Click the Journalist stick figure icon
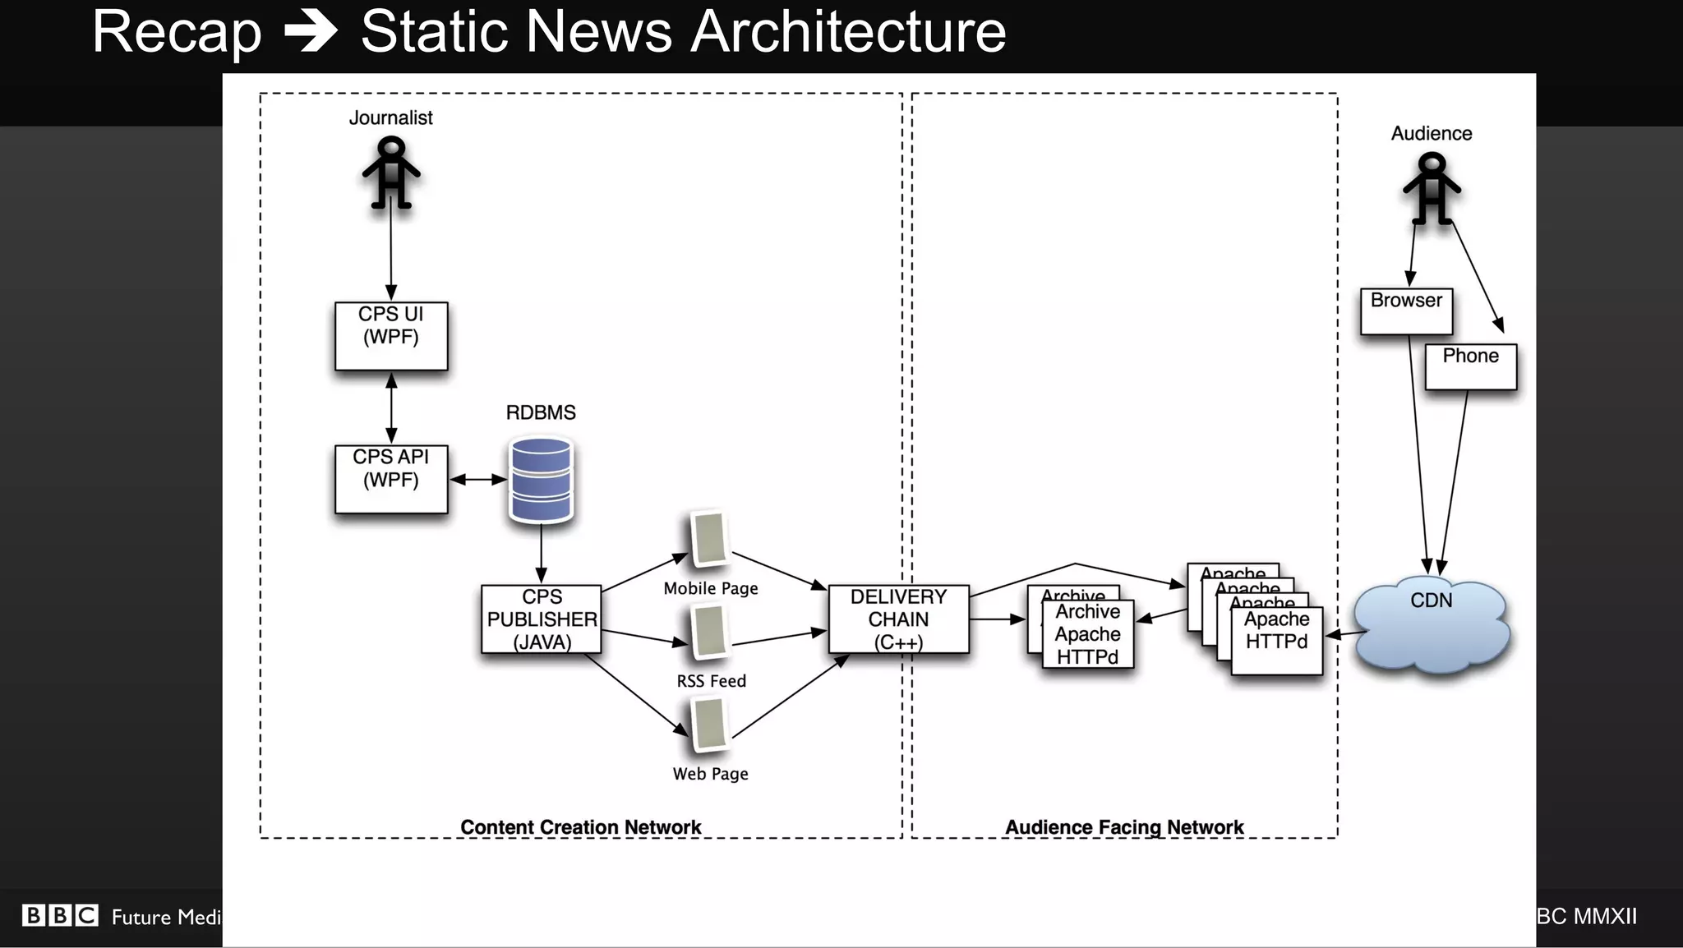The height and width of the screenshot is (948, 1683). point(391,173)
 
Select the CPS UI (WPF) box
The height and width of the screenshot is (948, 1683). point(391,335)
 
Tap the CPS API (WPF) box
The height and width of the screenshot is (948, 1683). point(391,479)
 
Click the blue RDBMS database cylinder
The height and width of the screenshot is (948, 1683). point(541,480)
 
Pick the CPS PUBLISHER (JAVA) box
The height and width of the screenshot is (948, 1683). point(542,619)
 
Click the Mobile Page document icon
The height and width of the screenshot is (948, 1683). point(709,539)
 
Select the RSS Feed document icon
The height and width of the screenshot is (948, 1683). point(709,632)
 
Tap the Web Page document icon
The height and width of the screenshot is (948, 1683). point(709,725)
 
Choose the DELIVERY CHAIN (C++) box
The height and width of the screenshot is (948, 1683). point(898,619)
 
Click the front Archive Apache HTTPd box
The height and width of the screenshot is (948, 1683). point(1088,634)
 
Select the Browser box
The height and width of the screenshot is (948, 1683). point(1406,311)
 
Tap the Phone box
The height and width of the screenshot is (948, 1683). point(1470,366)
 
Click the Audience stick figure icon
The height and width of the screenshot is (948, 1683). point(1432,188)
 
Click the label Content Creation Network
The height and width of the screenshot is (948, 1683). point(580,826)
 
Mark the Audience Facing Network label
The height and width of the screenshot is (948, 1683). point(1124,826)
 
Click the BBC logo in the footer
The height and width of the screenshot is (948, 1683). point(60,915)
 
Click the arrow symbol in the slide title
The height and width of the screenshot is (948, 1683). point(311,32)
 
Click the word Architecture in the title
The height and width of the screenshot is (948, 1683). point(848,32)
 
